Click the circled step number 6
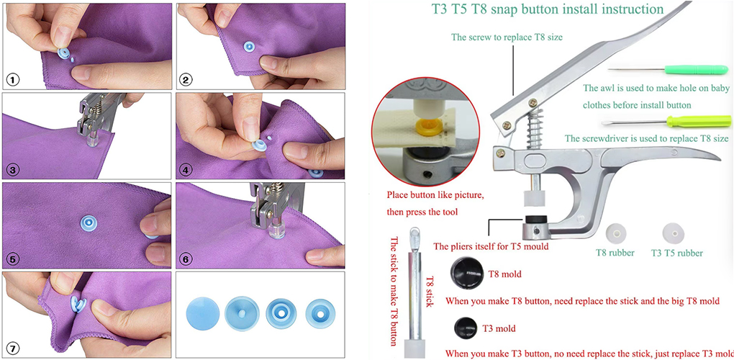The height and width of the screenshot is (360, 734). [x=185, y=258]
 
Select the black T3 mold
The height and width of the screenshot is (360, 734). [x=463, y=328]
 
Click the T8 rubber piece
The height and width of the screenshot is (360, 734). [x=616, y=233]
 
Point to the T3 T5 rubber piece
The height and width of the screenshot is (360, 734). [x=671, y=233]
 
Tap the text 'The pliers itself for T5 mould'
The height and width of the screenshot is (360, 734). [x=490, y=246]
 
